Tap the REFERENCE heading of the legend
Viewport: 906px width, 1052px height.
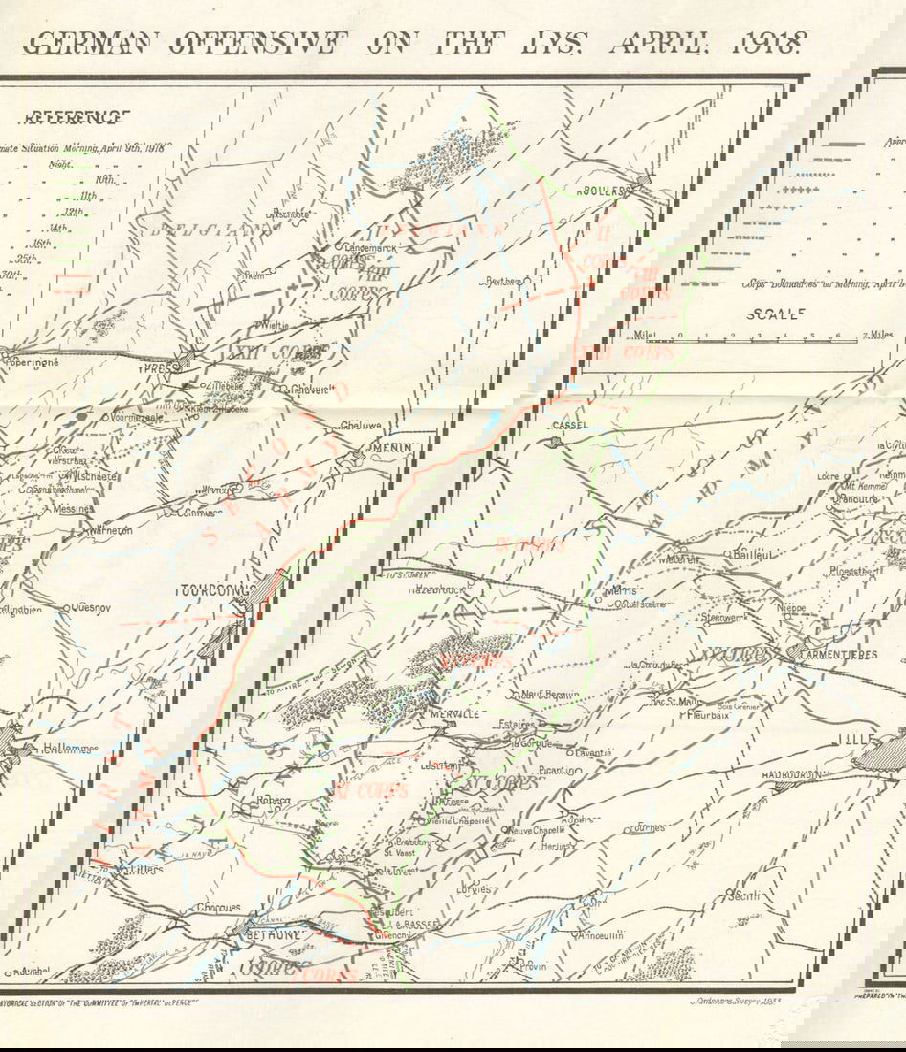pyautogui.click(x=75, y=118)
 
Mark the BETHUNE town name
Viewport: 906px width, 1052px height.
pyautogui.click(x=275, y=933)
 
